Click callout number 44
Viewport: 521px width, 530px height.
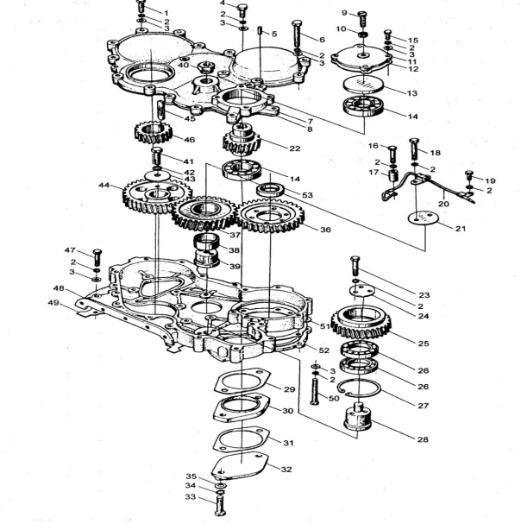pos(104,186)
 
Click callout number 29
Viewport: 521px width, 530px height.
pos(290,390)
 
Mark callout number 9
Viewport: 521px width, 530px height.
pos(343,12)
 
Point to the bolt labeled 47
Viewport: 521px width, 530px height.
pos(95,255)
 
